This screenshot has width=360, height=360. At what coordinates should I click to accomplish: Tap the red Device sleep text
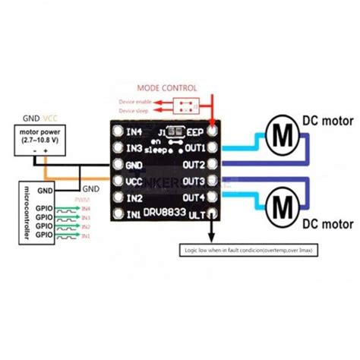(139, 111)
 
